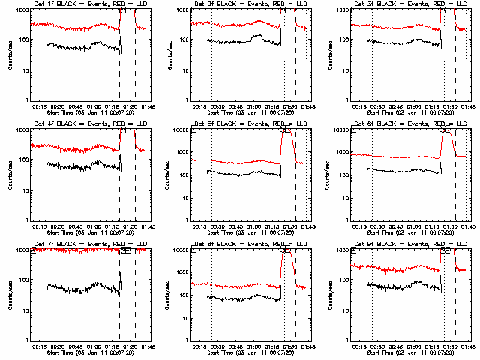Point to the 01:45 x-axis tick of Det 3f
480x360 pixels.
(467, 108)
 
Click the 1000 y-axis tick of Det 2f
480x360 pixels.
(179, 10)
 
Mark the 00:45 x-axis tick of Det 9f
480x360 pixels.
(396, 348)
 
